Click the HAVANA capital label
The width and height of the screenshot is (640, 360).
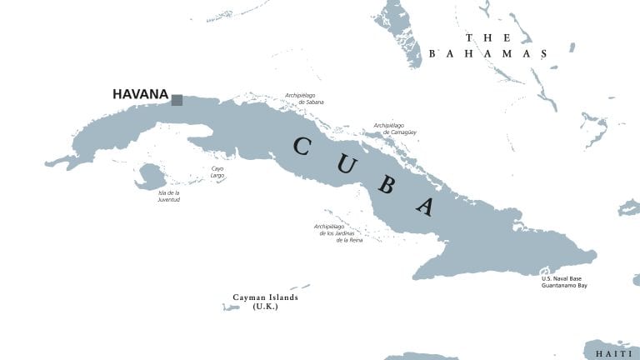(140, 95)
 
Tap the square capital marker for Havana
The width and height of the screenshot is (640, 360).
(177, 100)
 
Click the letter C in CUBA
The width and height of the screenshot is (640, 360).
(302, 147)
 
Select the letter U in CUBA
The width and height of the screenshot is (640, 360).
(344, 164)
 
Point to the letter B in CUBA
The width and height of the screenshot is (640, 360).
(385, 184)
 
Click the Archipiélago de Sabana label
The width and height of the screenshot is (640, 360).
(304, 98)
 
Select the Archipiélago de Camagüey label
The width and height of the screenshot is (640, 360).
(394, 128)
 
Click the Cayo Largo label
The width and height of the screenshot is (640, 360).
(217, 172)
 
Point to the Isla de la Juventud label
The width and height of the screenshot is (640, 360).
(169, 197)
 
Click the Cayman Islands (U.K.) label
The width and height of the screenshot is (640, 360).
(265, 302)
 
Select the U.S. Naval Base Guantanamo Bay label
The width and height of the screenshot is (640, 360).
(564, 282)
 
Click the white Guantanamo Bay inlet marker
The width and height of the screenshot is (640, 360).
(545, 272)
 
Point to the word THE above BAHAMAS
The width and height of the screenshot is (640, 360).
(488, 37)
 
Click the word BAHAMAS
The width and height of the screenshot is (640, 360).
(488, 53)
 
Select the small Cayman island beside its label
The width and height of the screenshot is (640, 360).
(231, 307)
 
